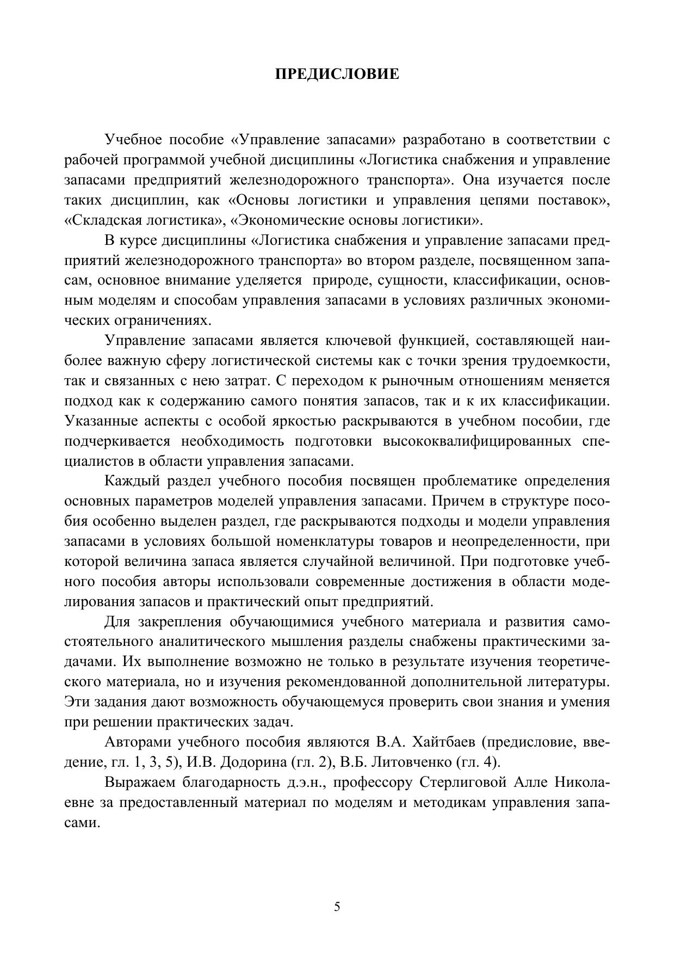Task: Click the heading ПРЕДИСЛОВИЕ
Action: [337, 74]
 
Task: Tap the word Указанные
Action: [100, 421]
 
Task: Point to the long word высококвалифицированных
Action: [477, 441]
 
